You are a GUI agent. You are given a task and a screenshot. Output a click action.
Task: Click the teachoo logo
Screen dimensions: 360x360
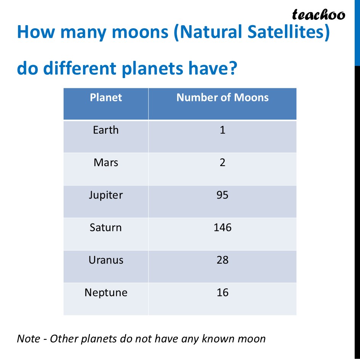click(x=318, y=15)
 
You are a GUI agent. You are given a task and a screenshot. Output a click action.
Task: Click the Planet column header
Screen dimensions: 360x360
click(x=106, y=98)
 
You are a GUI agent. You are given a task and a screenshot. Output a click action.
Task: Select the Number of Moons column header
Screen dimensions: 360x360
click(x=222, y=98)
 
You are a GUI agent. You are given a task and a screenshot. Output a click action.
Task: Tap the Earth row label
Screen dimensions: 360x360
click(x=106, y=130)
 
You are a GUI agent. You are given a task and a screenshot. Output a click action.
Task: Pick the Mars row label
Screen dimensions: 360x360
click(x=106, y=163)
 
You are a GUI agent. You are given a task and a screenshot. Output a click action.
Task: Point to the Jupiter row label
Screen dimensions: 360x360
click(x=106, y=195)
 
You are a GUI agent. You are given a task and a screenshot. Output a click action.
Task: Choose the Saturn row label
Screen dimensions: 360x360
click(x=106, y=228)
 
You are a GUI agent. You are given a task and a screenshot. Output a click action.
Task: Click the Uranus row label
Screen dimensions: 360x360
click(x=106, y=260)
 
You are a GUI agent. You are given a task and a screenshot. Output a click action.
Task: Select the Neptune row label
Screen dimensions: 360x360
click(x=106, y=293)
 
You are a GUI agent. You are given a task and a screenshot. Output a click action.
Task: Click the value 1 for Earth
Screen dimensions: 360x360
click(x=222, y=130)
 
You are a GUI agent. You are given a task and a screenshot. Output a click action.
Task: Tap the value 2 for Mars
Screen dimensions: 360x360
click(x=222, y=163)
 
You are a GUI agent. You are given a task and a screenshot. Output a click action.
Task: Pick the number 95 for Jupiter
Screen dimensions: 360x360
click(x=222, y=195)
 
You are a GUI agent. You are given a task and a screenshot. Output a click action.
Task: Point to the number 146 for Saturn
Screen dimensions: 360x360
click(x=222, y=228)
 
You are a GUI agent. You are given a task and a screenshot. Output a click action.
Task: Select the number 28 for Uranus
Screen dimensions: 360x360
click(x=222, y=260)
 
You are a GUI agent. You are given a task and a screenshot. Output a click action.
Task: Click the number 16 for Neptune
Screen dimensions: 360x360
click(x=222, y=293)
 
